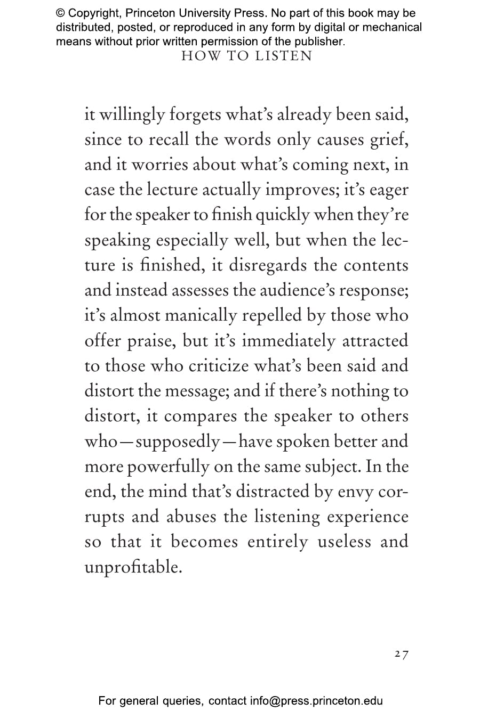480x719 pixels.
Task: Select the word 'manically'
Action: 201,316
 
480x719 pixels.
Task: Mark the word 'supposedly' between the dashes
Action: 178,442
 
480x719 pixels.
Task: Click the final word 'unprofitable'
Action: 133,567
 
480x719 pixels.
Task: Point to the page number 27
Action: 401,654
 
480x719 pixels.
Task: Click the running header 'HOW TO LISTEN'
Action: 246,56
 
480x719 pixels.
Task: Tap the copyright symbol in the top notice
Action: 60,13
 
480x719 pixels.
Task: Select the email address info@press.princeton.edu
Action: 316,701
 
